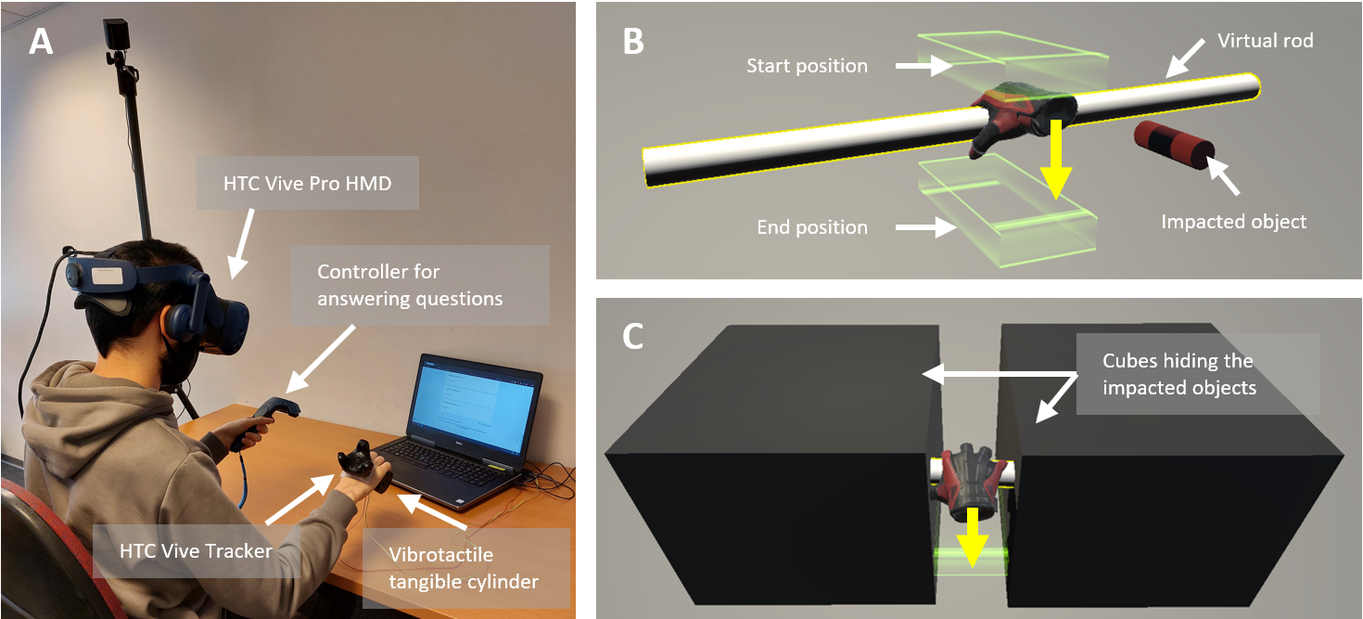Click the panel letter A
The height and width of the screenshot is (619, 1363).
[x=41, y=42]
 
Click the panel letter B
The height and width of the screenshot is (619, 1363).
[x=633, y=41]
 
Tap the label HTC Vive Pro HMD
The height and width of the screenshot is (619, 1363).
[x=307, y=184]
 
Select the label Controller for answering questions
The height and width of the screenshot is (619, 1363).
[x=410, y=285]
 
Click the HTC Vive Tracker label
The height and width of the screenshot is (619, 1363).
[x=196, y=551]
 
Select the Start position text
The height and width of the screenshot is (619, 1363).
[x=807, y=66]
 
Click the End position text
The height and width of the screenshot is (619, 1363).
[x=812, y=227]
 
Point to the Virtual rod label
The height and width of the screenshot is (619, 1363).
[x=1265, y=41]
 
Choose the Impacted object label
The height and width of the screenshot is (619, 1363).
[x=1233, y=222]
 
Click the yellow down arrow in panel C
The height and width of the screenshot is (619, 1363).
[x=970, y=535]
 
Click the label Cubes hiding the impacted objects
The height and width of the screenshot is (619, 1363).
[x=1178, y=374]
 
